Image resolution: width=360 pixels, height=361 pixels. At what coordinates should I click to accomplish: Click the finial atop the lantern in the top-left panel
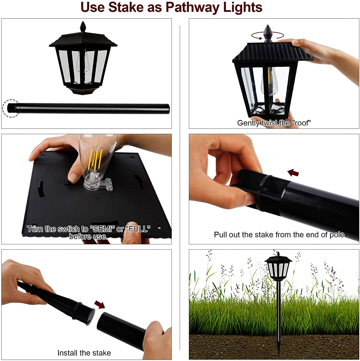[83, 26]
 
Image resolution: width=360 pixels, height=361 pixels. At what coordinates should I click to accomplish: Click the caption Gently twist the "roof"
[274, 123]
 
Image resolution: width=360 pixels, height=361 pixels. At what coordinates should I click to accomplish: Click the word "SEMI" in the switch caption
[102, 229]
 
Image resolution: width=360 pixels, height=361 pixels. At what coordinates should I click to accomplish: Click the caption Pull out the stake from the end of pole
[279, 235]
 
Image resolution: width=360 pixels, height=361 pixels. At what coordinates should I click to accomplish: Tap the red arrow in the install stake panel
[100, 304]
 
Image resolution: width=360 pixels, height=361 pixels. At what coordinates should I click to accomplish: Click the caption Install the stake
[84, 353]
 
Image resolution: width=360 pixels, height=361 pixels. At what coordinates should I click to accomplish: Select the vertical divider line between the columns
[180, 188]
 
